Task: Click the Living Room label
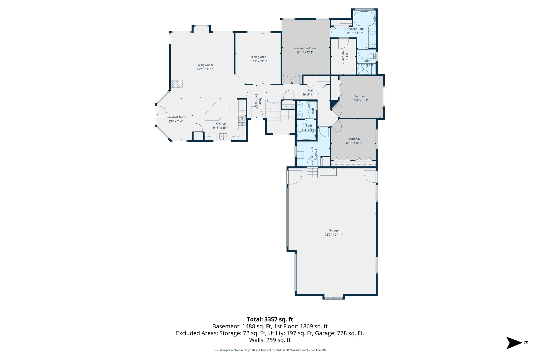[205, 65]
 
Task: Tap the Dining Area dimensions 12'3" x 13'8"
[258, 61]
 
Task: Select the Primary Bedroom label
[305, 48]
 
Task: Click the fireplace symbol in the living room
[177, 84]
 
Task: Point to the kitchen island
[216, 110]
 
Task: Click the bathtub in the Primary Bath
[364, 18]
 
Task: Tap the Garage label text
[334, 230]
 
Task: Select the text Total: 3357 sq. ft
[270, 319]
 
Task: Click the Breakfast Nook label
[176, 117]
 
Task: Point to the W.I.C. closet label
[347, 56]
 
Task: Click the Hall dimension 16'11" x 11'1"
[311, 95]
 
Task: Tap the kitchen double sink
[223, 136]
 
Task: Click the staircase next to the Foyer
[274, 111]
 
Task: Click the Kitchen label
[221, 124]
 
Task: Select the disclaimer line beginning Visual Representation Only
[270, 350]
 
